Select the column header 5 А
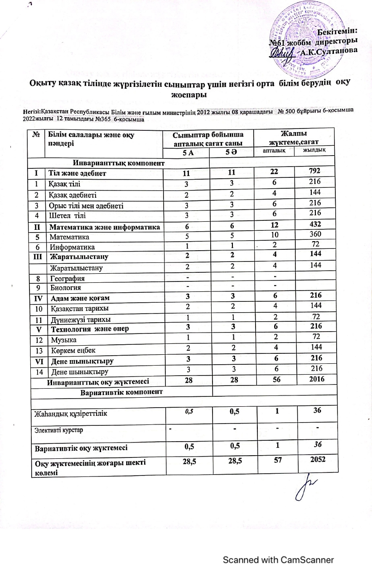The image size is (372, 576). tap(188, 153)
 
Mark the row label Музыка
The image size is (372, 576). tap(63, 339)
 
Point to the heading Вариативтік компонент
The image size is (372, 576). tap(121, 390)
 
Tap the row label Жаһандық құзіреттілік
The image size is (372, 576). tap(75, 413)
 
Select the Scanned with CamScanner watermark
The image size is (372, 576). tap(278, 560)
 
